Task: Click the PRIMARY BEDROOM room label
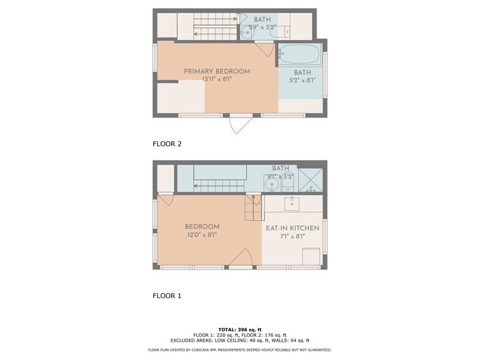217,71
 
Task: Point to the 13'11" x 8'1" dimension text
217,80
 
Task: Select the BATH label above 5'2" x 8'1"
302,72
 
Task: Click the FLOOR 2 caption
167,144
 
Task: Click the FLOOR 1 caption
167,296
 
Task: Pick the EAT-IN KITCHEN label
293,228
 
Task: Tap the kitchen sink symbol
292,204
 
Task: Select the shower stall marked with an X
310,180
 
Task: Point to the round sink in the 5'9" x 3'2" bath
247,31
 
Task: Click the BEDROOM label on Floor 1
202,227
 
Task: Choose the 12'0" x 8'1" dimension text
202,235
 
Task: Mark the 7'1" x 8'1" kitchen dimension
293,236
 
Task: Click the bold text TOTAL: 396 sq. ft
240,329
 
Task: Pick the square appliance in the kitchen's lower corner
311,257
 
